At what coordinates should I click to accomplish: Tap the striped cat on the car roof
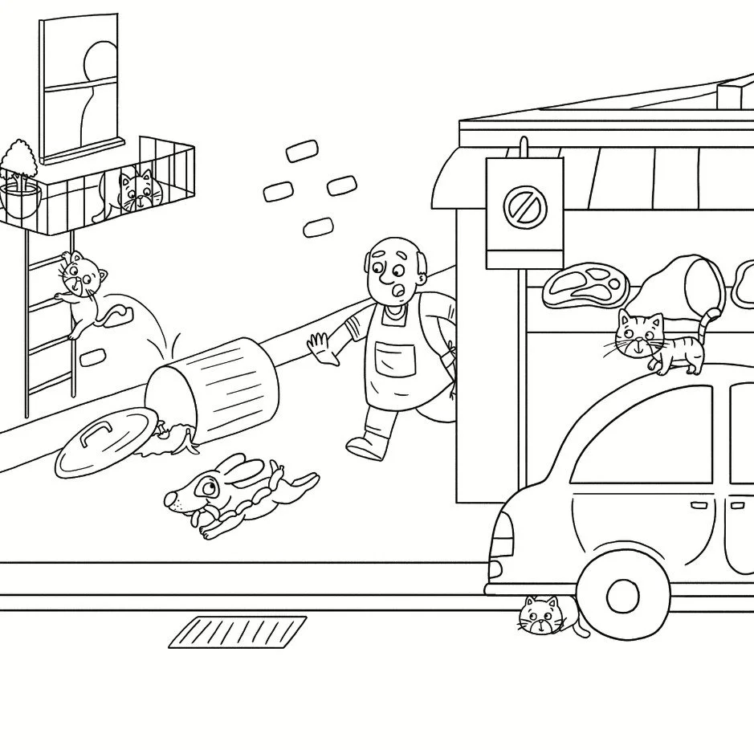(657, 340)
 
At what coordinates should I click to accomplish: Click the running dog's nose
(170, 501)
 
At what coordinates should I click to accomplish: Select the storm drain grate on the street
(238, 631)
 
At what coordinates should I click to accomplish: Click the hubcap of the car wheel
(622, 595)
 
